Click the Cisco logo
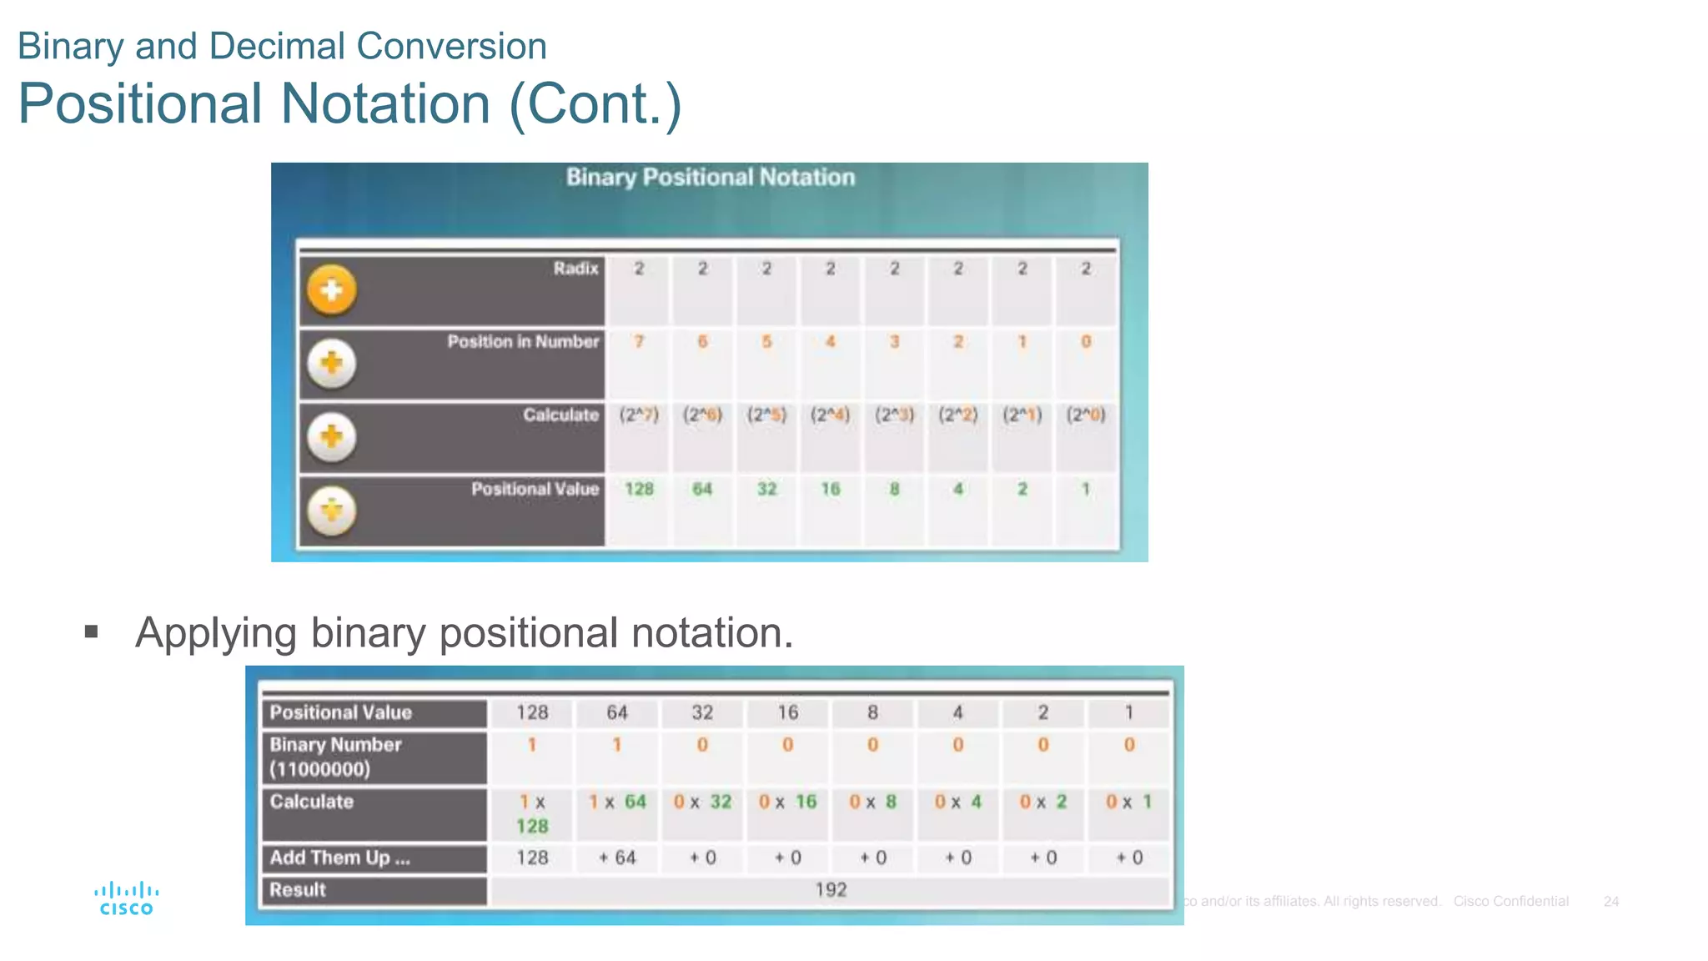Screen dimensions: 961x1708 coord(126,899)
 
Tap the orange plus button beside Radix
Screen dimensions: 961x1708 coord(332,290)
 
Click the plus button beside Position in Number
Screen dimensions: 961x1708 coord(332,363)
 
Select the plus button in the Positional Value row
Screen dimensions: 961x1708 coord(332,510)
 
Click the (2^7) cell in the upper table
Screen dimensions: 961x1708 coord(639,415)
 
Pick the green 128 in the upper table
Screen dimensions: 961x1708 coord(639,489)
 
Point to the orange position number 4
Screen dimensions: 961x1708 coord(830,341)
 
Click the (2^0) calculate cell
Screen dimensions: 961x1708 coord(1085,415)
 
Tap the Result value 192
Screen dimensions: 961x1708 coord(831,889)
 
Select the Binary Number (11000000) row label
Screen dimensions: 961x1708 coord(335,757)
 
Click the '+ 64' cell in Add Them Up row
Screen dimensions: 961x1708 coord(617,858)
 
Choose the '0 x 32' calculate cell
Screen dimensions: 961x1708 coord(702,802)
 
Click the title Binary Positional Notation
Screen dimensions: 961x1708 coord(711,177)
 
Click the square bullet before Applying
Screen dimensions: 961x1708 coord(92,631)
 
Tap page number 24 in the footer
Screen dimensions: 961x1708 coord(1610,901)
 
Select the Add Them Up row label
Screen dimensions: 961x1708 coord(339,858)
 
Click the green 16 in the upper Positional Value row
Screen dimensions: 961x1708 coord(830,489)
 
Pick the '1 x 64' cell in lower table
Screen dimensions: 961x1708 coord(617,802)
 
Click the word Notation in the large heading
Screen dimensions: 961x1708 coord(385,103)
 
